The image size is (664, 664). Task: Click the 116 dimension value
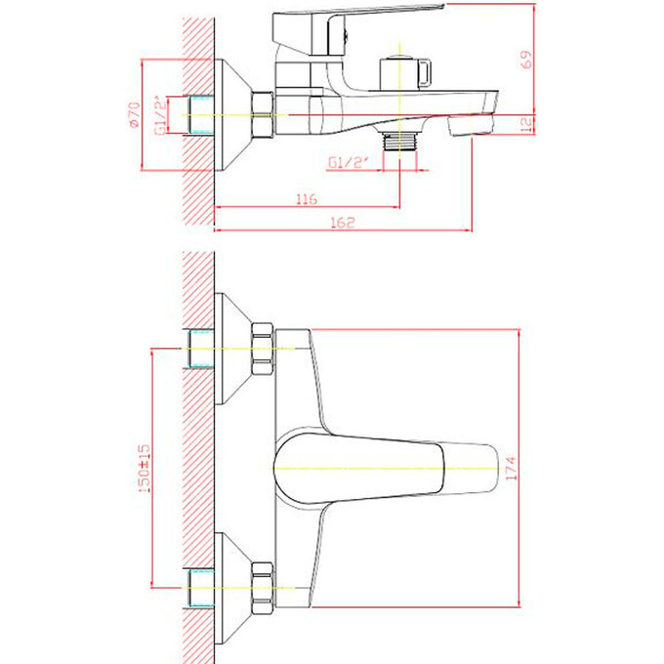click(306, 199)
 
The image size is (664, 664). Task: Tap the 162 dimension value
click(341, 223)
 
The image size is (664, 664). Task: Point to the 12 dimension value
click(525, 124)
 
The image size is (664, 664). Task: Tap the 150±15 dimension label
click(145, 468)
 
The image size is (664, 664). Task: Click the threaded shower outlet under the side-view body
click(399, 140)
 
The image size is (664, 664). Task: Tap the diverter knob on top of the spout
click(397, 69)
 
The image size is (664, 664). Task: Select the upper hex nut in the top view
click(264, 350)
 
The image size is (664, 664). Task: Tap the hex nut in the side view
click(264, 115)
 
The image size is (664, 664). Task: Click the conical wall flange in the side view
click(231, 115)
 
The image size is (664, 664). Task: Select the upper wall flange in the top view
click(231, 350)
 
